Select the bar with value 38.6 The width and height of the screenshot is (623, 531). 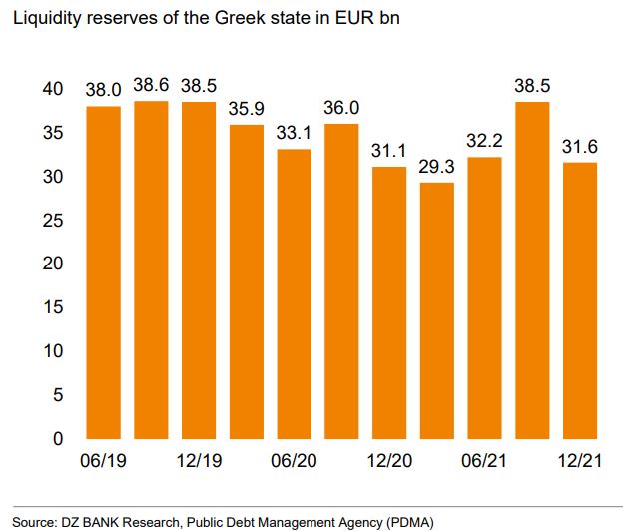[x=151, y=269]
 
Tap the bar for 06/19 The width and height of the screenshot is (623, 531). [x=103, y=271]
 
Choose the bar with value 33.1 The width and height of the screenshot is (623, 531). [x=294, y=293]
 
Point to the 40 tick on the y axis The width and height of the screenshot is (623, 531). [x=57, y=89]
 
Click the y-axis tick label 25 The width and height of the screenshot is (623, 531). [x=57, y=220]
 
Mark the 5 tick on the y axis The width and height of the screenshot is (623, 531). [x=61, y=395]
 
